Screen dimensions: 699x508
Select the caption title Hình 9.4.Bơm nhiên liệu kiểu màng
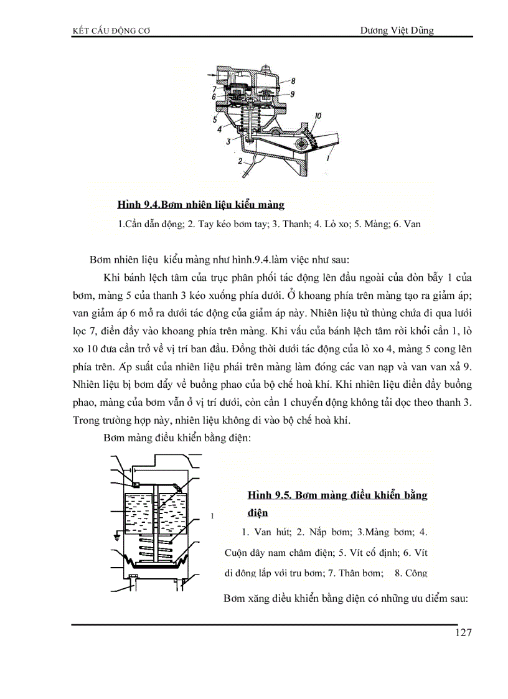(x=200, y=205)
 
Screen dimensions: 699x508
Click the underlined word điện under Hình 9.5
(x=258, y=514)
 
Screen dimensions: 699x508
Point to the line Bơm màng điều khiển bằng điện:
(x=177, y=438)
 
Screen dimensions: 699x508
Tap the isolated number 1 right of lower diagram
(x=212, y=516)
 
